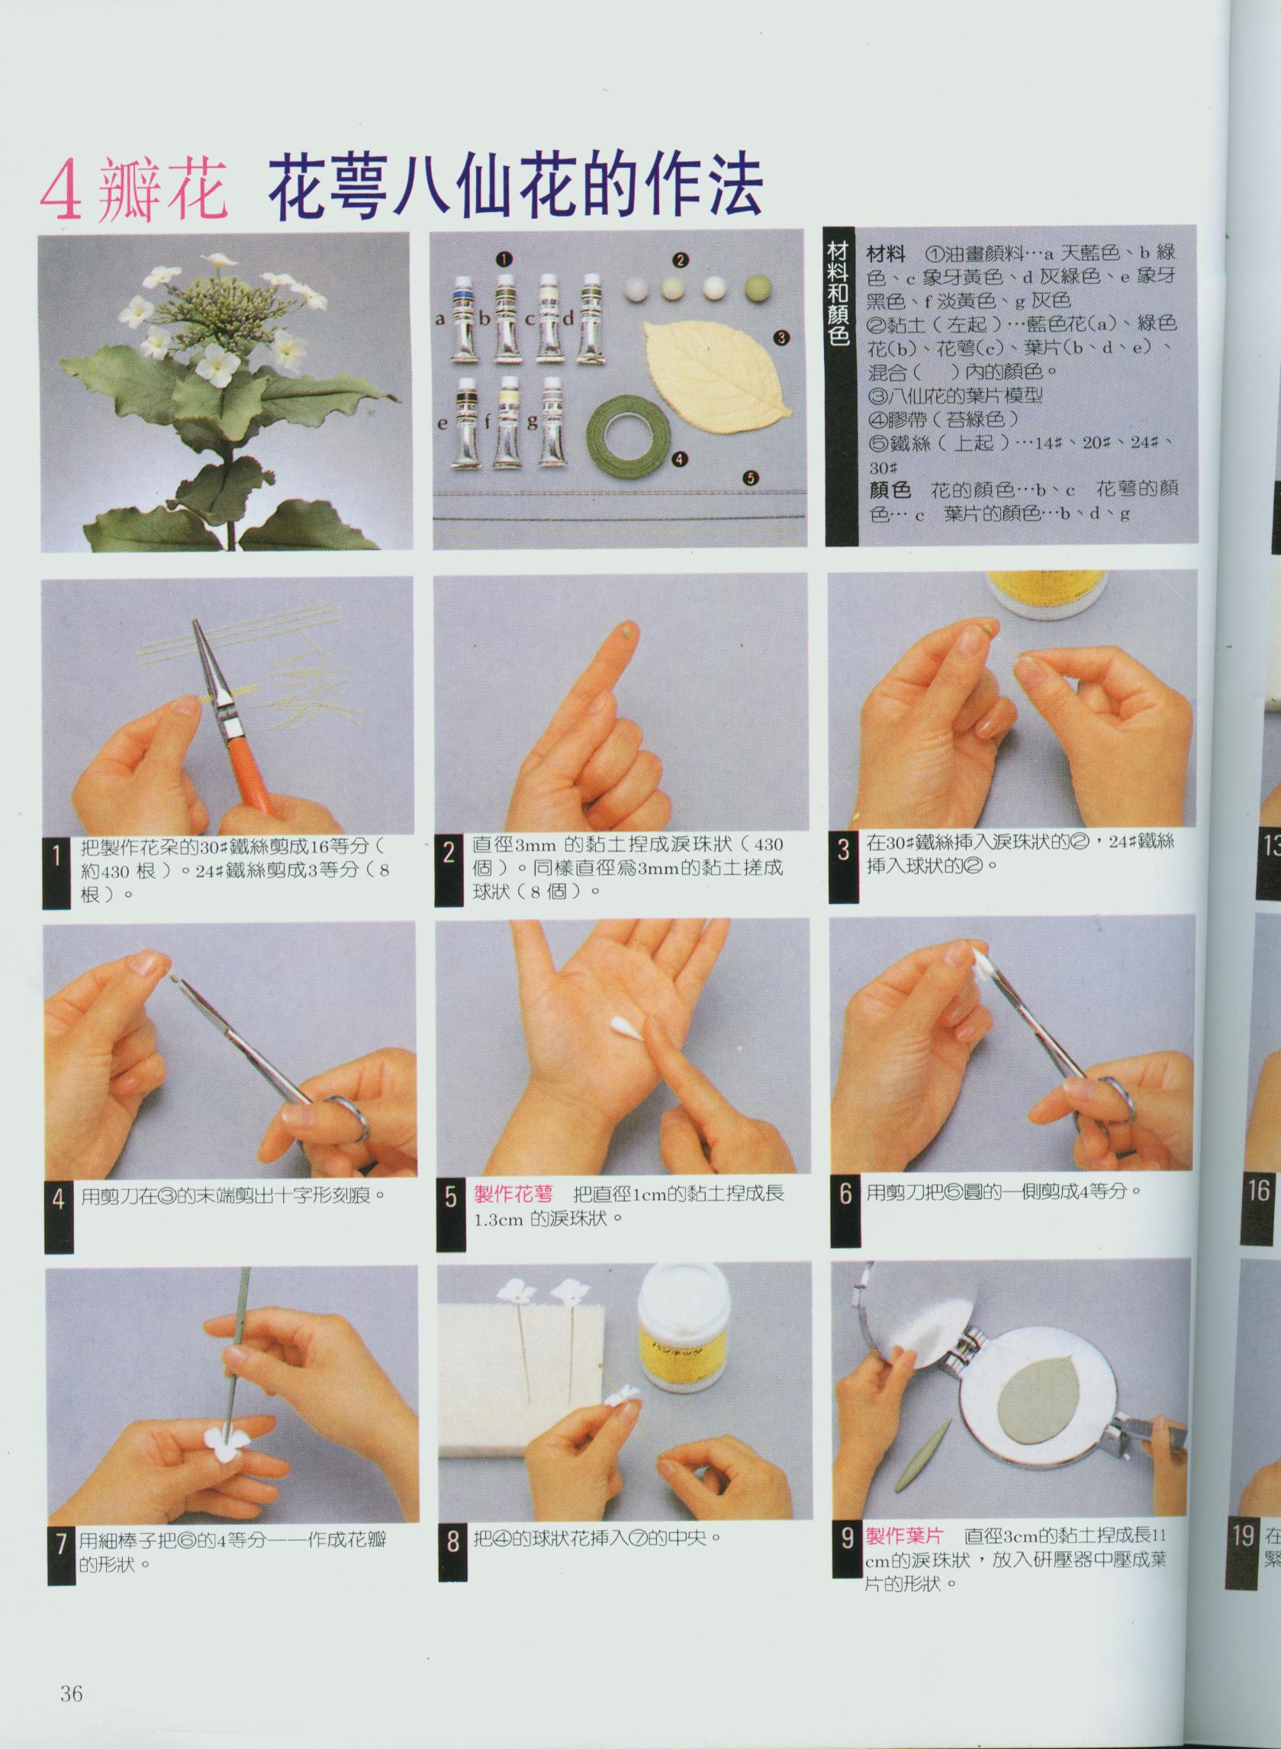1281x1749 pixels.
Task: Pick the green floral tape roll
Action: (629, 438)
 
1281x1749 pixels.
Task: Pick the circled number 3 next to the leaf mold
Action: (780, 337)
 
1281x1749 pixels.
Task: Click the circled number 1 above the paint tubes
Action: (506, 258)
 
